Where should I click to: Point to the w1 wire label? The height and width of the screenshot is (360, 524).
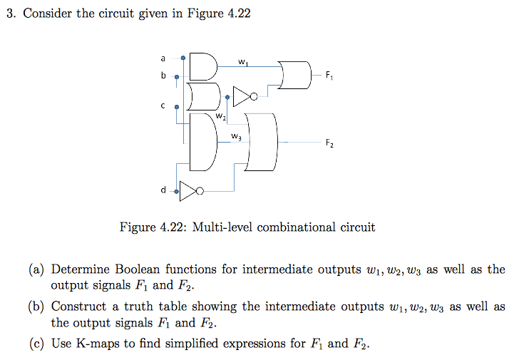pos(244,63)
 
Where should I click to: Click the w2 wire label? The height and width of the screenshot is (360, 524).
pos(221,116)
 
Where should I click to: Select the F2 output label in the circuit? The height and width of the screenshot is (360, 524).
pos(329,143)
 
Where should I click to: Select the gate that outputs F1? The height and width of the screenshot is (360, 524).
pos(297,74)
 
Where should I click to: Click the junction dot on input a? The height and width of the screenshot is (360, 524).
pos(184,58)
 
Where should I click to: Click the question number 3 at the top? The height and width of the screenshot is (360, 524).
pos(9,14)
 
